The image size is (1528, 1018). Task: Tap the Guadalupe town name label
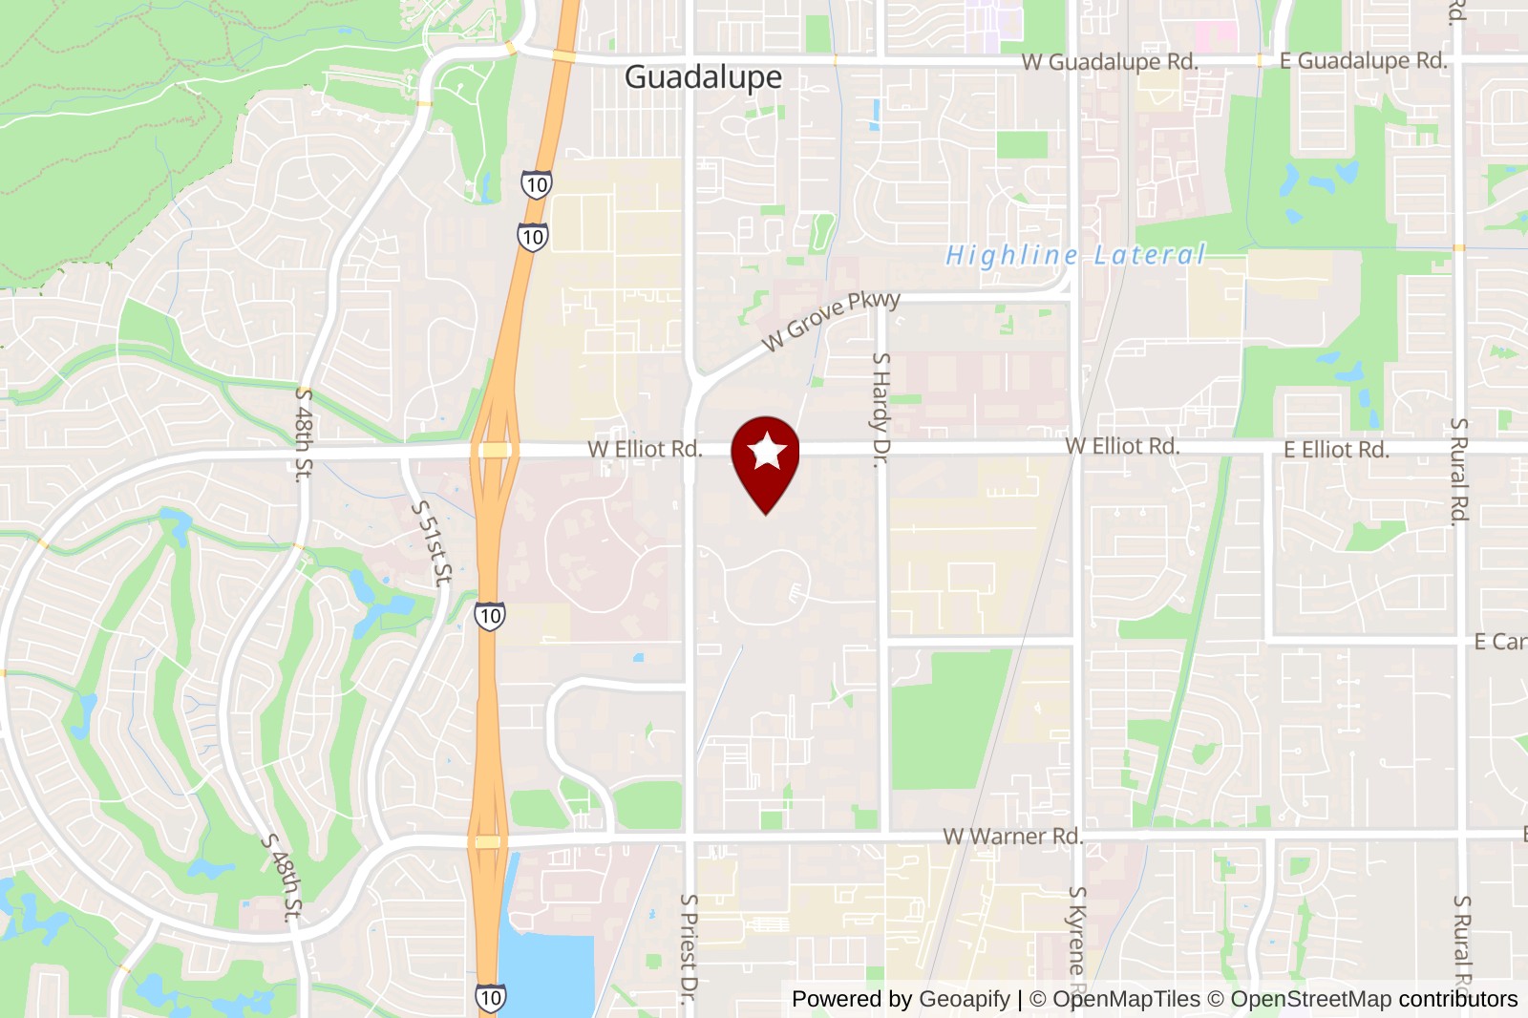click(x=703, y=77)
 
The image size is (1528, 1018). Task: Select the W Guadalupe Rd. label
click(x=1109, y=62)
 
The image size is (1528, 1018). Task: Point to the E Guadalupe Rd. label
click(x=1363, y=61)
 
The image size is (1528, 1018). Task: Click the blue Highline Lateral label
click(x=1075, y=255)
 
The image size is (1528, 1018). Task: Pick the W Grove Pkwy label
click(x=831, y=320)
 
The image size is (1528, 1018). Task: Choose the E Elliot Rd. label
click(x=1336, y=450)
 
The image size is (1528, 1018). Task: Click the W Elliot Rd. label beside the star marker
click(x=645, y=449)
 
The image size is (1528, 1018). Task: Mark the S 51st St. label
click(x=432, y=542)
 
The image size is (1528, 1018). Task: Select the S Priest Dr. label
click(x=689, y=948)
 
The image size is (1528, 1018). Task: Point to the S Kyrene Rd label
click(x=1077, y=936)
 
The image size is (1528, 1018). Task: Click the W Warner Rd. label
click(x=1012, y=837)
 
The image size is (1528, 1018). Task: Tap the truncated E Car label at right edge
click(x=1499, y=642)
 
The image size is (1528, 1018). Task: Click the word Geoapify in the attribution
click(x=964, y=999)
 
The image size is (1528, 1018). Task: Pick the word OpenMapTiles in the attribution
click(x=1126, y=999)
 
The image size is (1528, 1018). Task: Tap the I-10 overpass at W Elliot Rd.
click(x=495, y=450)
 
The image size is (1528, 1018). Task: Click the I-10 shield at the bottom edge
click(x=490, y=998)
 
